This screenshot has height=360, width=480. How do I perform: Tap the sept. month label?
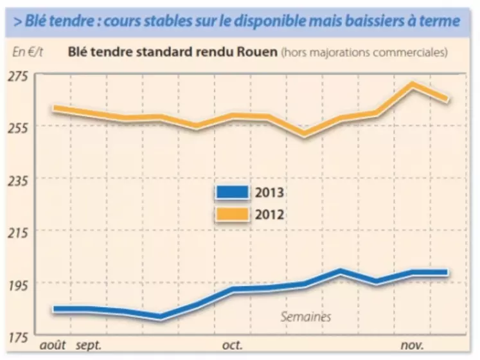click(x=89, y=346)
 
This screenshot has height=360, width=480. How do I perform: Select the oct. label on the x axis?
click(x=233, y=346)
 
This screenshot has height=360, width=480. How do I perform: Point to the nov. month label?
click(x=412, y=346)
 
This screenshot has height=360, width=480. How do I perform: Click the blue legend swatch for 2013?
click(x=232, y=192)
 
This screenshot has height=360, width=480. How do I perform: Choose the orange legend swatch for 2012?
click(x=232, y=213)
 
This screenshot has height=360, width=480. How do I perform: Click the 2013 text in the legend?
click(x=270, y=192)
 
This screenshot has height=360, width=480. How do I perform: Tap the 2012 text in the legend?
click(x=270, y=213)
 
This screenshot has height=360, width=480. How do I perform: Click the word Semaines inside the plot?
click(x=306, y=316)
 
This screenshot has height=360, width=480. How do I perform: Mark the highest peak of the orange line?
click(x=412, y=84)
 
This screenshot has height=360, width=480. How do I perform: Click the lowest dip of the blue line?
click(x=161, y=316)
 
